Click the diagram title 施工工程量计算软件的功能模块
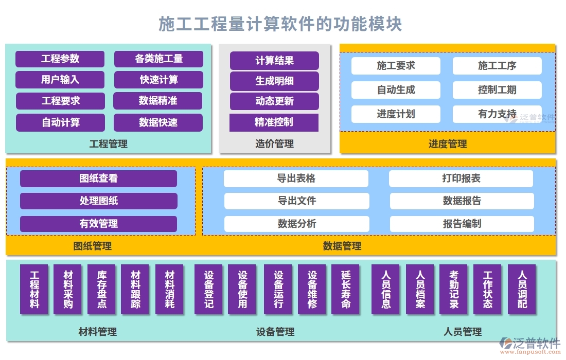280,24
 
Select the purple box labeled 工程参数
60,59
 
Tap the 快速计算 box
158,80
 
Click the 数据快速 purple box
158,122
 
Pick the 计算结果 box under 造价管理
274,60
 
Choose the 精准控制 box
274,122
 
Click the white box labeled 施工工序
497,66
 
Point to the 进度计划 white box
396,114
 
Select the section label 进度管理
447,144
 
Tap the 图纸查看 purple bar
98,178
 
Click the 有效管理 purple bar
98,224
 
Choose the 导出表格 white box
296,178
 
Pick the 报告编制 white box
462,224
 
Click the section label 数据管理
342,246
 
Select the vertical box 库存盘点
102,290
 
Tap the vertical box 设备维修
312,290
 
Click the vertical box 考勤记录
453,290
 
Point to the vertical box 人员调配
522,290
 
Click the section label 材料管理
97,332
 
